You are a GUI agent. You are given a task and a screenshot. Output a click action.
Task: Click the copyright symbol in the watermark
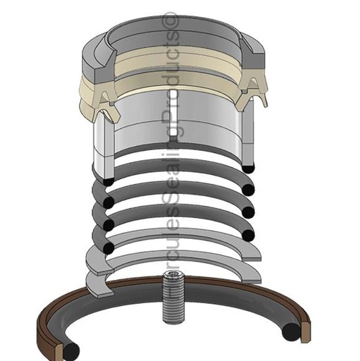pyautogui.click(x=170, y=20)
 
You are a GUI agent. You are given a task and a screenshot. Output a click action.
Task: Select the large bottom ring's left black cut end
pyautogui.click(x=73, y=348)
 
